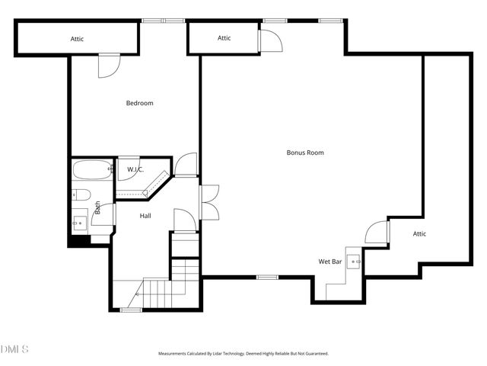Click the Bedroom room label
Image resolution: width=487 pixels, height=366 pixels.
click(x=139, y=103)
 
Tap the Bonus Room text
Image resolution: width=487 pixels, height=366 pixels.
click(x=305, y=152)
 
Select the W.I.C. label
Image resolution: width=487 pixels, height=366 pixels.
click(x=135, y=169)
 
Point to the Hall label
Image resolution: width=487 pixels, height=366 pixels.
click(x=145, y=216)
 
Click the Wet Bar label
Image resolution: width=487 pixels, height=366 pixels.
click(x=329, y=262)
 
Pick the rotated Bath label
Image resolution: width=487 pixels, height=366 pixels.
click(x=97, y=207)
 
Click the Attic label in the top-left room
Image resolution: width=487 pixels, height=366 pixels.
click(x=77, y=38)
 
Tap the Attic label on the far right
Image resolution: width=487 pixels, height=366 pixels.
click(x=419, y=234)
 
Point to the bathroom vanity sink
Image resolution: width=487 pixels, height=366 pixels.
click(x=80, y=222)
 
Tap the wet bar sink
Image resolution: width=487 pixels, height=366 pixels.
click(x=355, y=262)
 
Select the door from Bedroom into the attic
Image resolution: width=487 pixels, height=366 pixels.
click(x=109, y=64)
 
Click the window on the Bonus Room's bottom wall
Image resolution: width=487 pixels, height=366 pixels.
click(x=266, y=277)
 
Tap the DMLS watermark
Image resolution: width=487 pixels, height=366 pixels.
click(x=14, y=349)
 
